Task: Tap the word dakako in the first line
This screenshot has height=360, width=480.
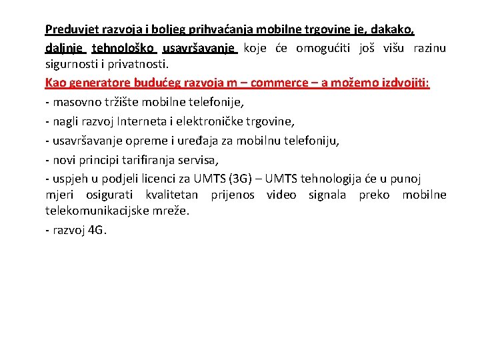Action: [396, 29]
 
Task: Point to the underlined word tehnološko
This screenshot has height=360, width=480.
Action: [123, 48]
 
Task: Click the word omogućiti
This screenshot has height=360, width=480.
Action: [324, 48]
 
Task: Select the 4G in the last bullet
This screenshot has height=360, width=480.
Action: [97, 231]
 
